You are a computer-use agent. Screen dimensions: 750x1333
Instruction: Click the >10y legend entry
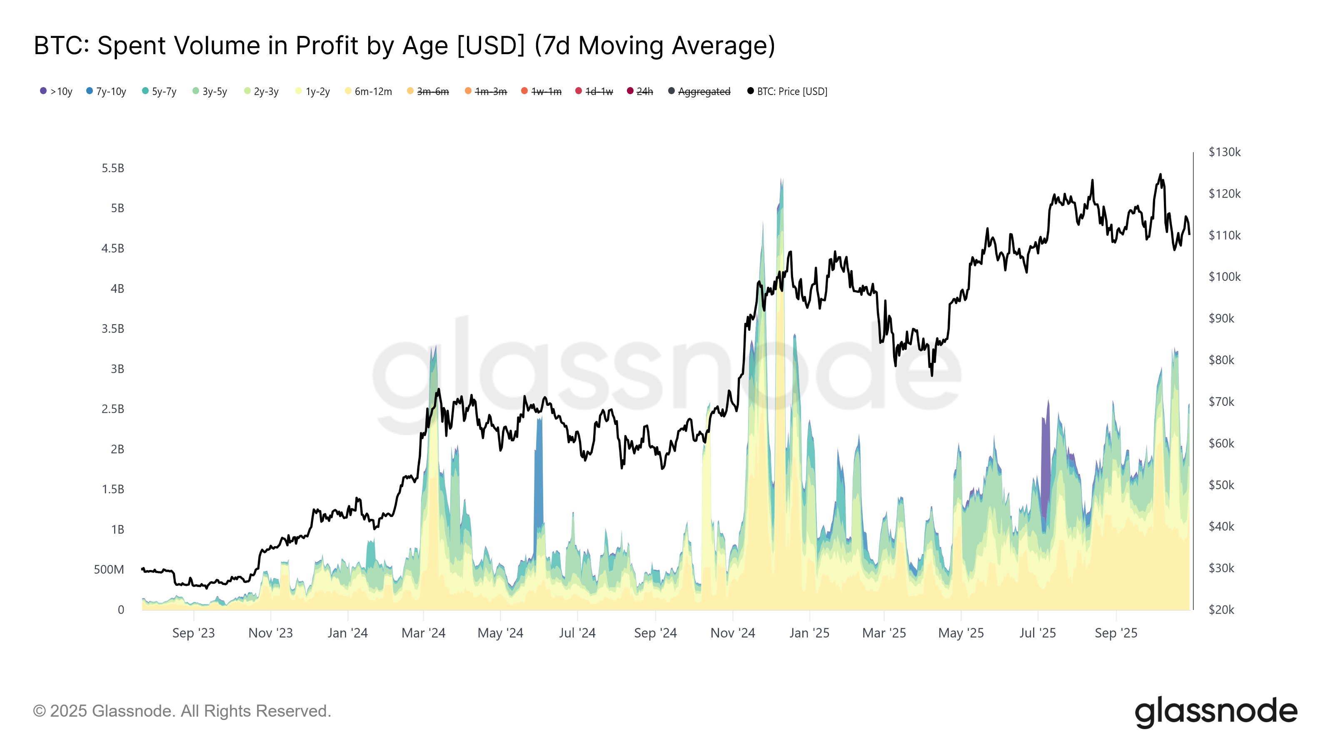tap(56, 92)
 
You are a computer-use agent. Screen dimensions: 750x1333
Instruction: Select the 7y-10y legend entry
tap(106, 92)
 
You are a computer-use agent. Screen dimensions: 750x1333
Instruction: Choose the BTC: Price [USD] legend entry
tap(787, 92)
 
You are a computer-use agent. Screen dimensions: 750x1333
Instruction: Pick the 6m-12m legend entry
tap(368, 92)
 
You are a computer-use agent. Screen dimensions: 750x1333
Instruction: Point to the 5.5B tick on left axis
tap(113, 168)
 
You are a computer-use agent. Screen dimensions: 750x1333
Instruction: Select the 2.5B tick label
tap(113, 409)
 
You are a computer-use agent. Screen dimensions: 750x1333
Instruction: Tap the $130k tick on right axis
tap(1224, 152)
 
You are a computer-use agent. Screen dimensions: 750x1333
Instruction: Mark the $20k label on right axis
tap(1221, 610)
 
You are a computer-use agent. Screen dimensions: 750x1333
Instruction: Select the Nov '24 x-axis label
tap(733, 633)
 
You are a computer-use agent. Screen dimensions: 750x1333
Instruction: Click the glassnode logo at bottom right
tap(1216, 712)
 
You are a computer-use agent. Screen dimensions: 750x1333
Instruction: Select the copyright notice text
tap(182, 711)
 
